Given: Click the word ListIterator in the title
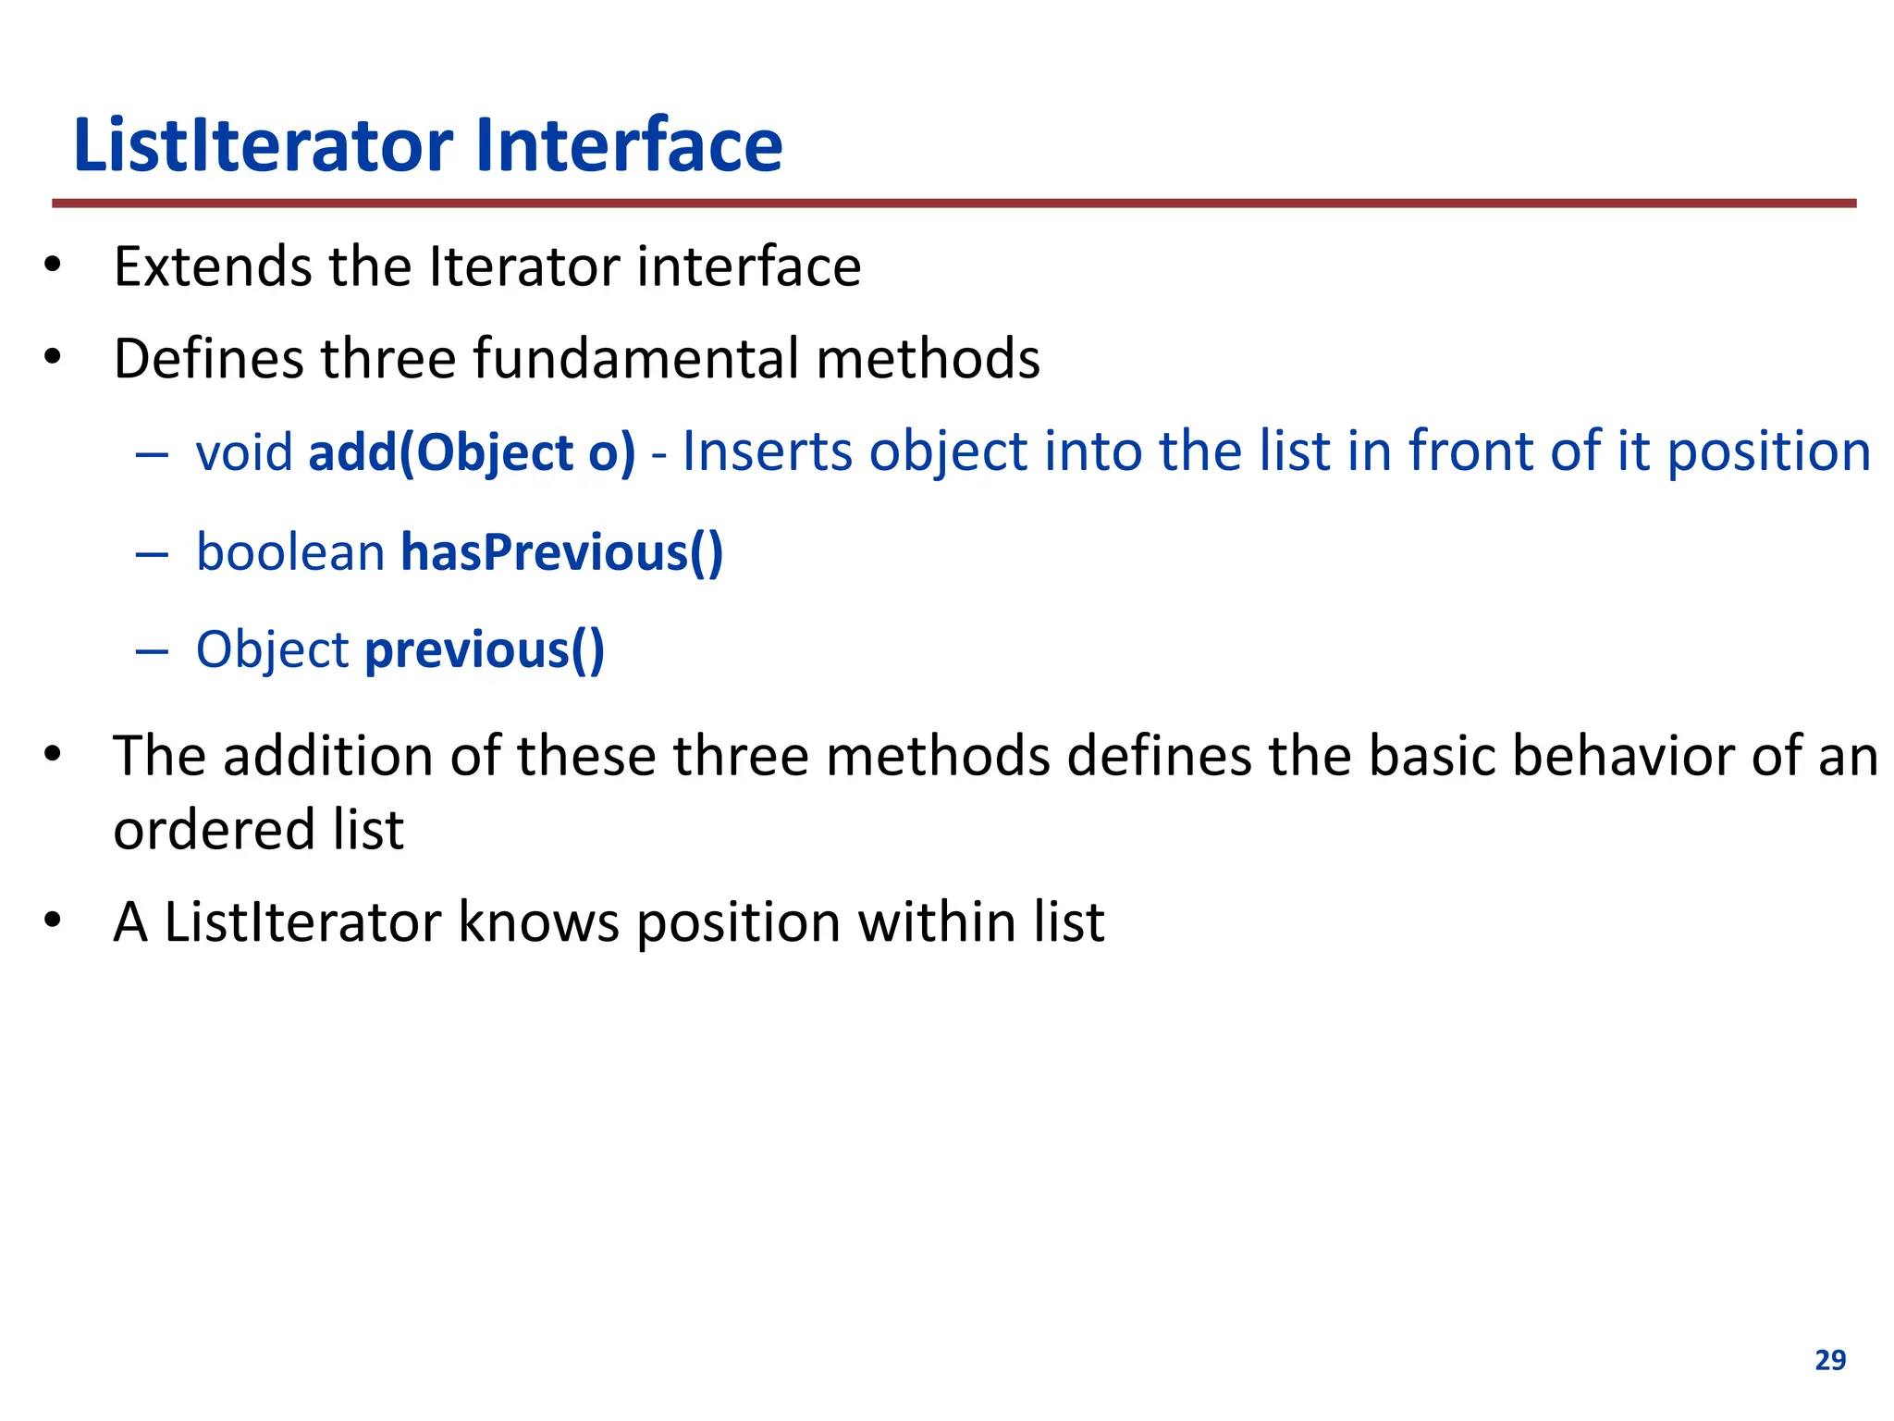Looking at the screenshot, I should [x=264, y=145].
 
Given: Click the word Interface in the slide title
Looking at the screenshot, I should [x=629, y=145].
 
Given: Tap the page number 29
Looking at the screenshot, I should [x=1830, y=1360].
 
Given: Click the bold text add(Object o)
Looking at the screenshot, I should [x=472, y=453].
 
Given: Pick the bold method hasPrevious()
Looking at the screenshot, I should [x=561, y=552].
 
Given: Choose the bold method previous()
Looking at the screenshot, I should [x=485, y=649].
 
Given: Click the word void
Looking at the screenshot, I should [x=244, y=453].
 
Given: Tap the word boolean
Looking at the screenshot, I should [x=290, y=552].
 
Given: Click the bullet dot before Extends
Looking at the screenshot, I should [x=53, y=267].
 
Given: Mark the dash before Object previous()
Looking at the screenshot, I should [x=152, y=651].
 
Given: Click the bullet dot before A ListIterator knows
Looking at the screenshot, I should [x=53, y=921].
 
